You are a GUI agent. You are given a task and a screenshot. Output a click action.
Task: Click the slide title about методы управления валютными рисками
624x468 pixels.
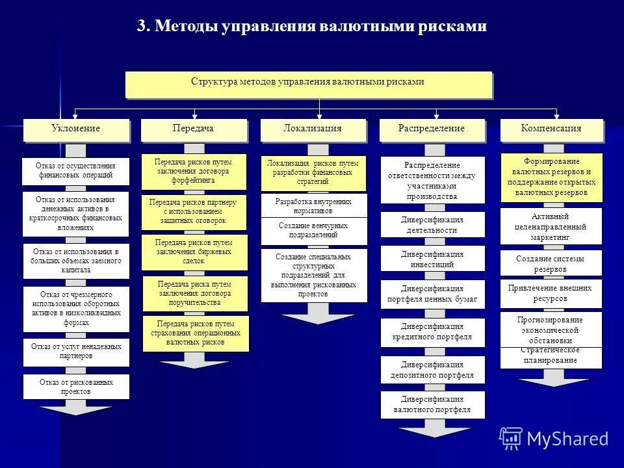pos(311,27)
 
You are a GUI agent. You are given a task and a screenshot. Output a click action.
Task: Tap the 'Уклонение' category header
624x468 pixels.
pos(76,129)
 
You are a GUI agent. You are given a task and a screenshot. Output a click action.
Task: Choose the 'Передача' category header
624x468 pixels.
pos(194,129)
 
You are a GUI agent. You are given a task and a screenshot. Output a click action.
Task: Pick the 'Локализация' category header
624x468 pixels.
pos(313,129)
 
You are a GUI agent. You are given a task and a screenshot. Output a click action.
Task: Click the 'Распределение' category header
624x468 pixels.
pos(432,129)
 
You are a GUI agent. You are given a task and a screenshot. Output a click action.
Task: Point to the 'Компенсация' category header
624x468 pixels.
pos(551,129)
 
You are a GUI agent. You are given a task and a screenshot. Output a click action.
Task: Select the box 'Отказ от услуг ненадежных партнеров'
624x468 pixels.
pos(76,352)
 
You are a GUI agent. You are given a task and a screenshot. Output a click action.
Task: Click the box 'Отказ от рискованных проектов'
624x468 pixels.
pos(76,386)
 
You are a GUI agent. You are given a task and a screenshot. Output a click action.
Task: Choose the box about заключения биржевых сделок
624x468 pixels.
pos(194,252)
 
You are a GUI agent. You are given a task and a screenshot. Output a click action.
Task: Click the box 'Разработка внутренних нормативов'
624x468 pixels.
pos(313,205)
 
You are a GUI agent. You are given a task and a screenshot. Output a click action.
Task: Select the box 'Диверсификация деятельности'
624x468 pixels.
pos(432,225)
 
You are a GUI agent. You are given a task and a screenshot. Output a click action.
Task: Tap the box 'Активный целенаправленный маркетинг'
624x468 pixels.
pos(551,227)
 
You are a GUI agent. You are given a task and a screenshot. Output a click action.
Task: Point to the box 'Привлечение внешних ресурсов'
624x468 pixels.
pos(551,293)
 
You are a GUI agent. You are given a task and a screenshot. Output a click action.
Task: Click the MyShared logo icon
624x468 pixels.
pos(511,439)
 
